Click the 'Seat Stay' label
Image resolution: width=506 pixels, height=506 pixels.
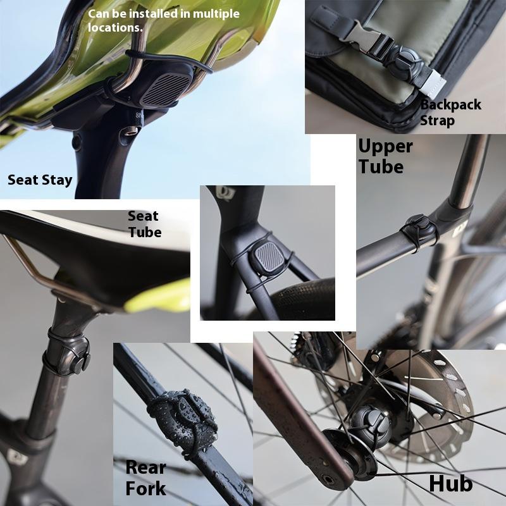40,180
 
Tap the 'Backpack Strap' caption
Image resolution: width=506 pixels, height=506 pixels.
450,113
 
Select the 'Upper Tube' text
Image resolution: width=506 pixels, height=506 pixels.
385,156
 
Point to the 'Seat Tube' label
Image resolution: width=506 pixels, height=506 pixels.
144,224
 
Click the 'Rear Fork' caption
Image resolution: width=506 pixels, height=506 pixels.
145,478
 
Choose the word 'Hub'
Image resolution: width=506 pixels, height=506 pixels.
450,483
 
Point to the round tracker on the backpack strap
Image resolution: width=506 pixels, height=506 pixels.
405,62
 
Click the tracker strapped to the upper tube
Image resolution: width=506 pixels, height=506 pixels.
419,230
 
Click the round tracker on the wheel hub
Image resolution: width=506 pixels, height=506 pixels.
372,423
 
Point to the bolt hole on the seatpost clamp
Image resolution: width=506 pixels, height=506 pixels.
130,131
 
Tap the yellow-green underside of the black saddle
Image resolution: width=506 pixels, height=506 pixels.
158,297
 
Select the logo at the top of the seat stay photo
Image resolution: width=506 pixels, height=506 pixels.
224,193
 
